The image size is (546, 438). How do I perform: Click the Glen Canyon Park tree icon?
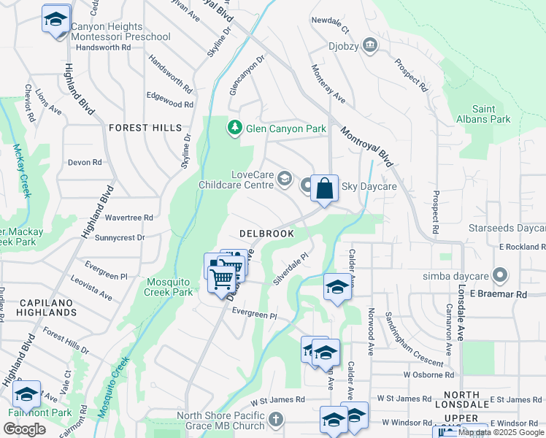tap(234, 128)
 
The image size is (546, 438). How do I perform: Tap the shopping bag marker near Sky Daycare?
tap(324, 188)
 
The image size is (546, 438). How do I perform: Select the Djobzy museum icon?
tap(370, 45)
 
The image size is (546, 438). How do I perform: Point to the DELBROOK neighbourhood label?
tap(267, 234)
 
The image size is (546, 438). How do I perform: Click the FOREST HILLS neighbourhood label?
tap(145, 128)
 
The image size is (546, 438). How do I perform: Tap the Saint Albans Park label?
tap(491, 114)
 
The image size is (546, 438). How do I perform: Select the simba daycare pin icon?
tap(500, 276)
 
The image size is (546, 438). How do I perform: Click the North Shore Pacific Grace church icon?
tap(274, 419)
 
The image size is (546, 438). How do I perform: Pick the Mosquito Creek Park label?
tap(170, 287)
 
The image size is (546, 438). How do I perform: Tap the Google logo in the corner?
tap(26, 429)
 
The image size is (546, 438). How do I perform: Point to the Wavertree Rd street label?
tap(129, 218)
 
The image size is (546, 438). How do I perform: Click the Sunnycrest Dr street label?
tap(120, 237)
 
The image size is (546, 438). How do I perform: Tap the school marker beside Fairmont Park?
tap(27, 395)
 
